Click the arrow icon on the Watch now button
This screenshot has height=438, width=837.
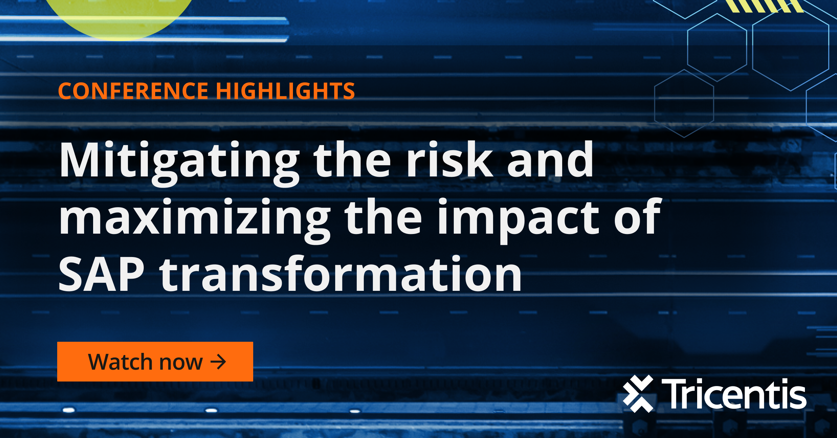[x=218, y=362]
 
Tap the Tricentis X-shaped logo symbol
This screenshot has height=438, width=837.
[x=638, y=394]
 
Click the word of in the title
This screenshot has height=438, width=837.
[x=638, y=216]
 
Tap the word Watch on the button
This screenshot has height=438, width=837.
[x=120, y=362]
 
